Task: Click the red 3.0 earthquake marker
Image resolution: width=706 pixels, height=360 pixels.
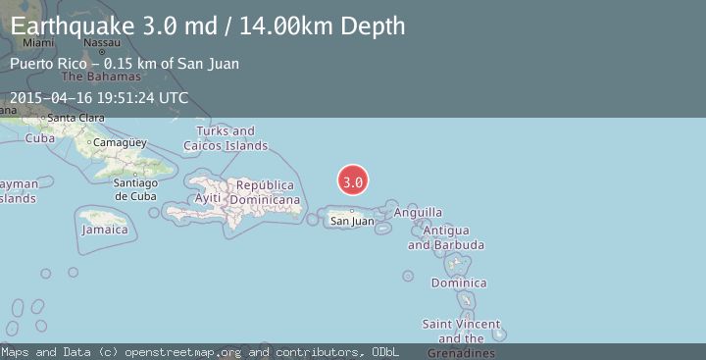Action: [x=353, y=181]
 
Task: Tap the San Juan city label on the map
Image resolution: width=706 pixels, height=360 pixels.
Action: [x=352, y=221]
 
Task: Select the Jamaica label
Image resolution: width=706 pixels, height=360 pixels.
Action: [x=105, y=230]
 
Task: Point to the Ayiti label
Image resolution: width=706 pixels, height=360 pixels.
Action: [x=208, y=198]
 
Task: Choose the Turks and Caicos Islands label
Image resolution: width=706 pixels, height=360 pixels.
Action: [x=226, y=138]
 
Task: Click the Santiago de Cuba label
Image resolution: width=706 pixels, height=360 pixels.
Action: [x=135, y=188]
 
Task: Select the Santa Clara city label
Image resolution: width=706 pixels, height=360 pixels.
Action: [x=76, y=118]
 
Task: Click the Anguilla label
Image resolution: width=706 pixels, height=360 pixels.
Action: [x=418, y=212]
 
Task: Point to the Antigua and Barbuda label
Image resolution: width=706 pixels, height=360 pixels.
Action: [x=445, y=237]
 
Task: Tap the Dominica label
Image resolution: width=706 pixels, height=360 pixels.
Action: [x=459, y=283]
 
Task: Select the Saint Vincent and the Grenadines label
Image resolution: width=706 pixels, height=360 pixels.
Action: [x=461, y=332]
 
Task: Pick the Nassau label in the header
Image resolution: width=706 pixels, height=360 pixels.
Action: [x=102, y=43]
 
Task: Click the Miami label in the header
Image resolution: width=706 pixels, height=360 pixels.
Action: [x=38, y=43]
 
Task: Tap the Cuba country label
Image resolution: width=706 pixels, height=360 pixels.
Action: [x=39, y=138]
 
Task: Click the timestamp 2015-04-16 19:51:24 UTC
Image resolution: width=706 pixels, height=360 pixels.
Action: [x=98, y=98]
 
